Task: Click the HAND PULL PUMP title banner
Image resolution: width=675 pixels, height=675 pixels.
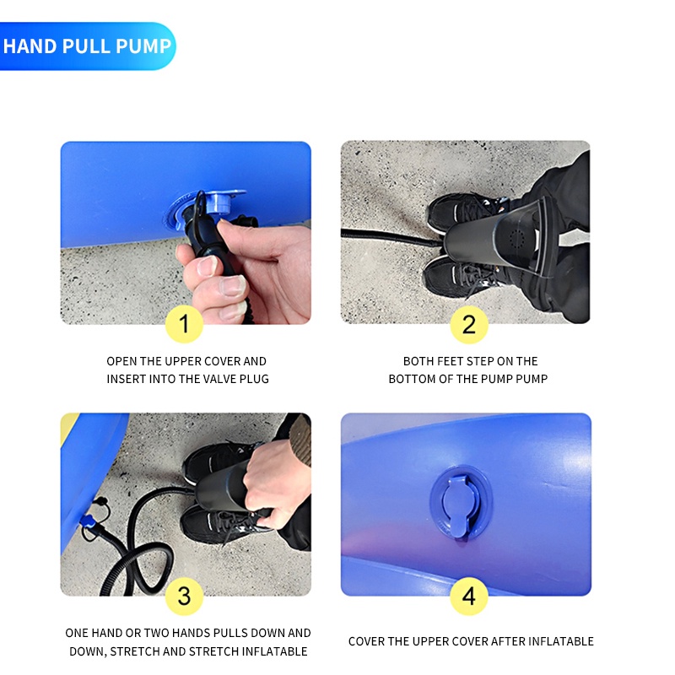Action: coord(88,46)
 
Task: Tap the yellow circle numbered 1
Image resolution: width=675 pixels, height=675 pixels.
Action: coord(184,324)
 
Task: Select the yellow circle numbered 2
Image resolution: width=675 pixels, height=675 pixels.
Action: coord(469,324)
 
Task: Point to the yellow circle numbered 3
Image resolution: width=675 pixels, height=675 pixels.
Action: coord(184,596)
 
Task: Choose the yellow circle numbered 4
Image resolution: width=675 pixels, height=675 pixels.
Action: coord(469,596)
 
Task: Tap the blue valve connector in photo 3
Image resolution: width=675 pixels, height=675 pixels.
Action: coord(89,521)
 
